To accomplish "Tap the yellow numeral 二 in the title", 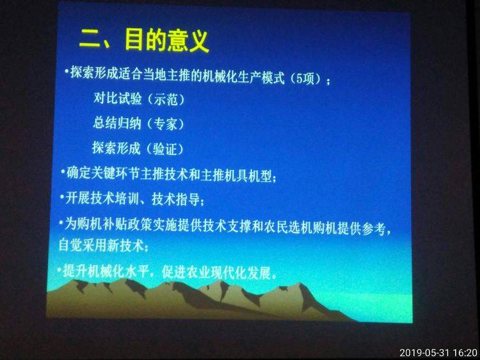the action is pos(90,40).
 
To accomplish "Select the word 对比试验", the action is pos(118,99).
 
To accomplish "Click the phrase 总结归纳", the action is pos(117,123).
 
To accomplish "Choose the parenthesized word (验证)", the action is pos(164,149).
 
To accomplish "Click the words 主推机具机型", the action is pos(236,176).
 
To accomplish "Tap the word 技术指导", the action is pos(176,200).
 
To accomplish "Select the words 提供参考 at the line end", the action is pos(362,228).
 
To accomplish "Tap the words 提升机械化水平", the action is pos(106,271).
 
